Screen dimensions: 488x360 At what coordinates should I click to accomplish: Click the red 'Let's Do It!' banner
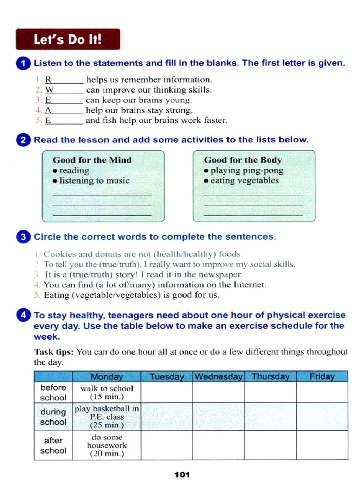point(68,39)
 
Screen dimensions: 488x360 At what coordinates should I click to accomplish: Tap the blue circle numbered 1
point(23,63)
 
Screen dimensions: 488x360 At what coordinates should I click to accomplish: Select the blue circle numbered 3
point(23,237)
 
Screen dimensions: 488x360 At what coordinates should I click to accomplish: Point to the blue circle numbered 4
point(23,315)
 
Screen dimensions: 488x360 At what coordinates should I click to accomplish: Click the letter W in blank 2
point(49,90)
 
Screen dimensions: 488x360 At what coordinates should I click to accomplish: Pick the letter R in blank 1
point(48,80)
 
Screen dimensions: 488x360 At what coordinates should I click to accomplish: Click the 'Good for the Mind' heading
point(92,160)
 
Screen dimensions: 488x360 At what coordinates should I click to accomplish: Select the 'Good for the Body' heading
point(243,160)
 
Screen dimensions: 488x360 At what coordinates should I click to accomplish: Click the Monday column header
point(107,377)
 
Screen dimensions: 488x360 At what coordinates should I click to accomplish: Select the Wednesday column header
point(218,377)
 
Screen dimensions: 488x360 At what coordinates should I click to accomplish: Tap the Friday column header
point(322,377)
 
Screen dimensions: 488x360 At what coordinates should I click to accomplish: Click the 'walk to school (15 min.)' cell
point(107,392)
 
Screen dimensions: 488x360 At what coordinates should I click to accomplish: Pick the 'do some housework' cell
point(107,445)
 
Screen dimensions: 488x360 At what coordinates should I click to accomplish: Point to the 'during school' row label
point(53,417)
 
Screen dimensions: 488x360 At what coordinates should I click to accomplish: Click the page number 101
point(182,475)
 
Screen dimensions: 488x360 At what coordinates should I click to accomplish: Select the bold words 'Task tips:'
point(54,352)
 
